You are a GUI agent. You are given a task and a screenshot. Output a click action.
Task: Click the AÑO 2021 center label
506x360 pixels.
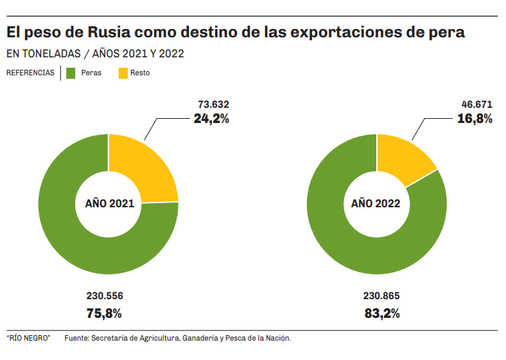pyautogui.click(x=109, y=204)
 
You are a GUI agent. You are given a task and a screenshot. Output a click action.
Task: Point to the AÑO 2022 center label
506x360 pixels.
pyautogui.click(x=376, y=204)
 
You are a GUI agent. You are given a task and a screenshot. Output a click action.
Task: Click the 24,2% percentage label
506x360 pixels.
pyautogui.click(x=211, y=118)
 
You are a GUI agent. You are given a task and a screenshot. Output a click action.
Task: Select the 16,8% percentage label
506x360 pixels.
pyautogui.click(x=475, y=118)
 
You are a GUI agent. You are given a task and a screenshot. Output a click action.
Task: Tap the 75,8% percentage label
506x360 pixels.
pyautogui.click(x=104, y=313)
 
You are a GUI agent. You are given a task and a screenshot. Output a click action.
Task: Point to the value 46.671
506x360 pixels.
pyautogui.click(x=476, y=104)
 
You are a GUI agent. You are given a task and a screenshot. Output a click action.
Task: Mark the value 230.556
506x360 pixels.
pyautogui.click(x=104, y=296)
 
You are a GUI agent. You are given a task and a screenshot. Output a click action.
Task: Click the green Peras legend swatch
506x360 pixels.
pyautogui.click(x=70, y=73)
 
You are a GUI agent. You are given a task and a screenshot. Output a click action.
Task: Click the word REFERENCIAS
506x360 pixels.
pyautogui.click(x=30, y=73)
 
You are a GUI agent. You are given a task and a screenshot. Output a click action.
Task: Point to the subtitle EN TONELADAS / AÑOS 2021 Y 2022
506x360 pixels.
pyautogui.click(x=95, y=53)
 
